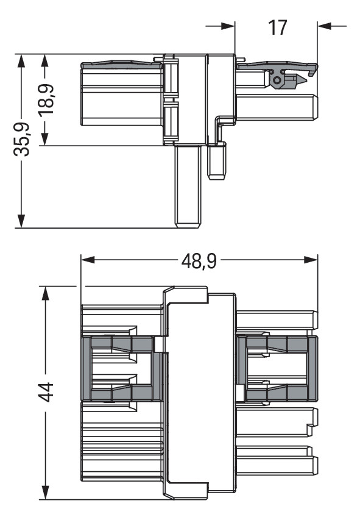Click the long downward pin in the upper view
pyautogui.click(x=188, y=186)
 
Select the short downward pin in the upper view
pyautogui.click(x=217, y=162)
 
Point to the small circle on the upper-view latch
pyautogui.click(x=278, y=80)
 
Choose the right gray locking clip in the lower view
pyautogui.click(x=277, y=369)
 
